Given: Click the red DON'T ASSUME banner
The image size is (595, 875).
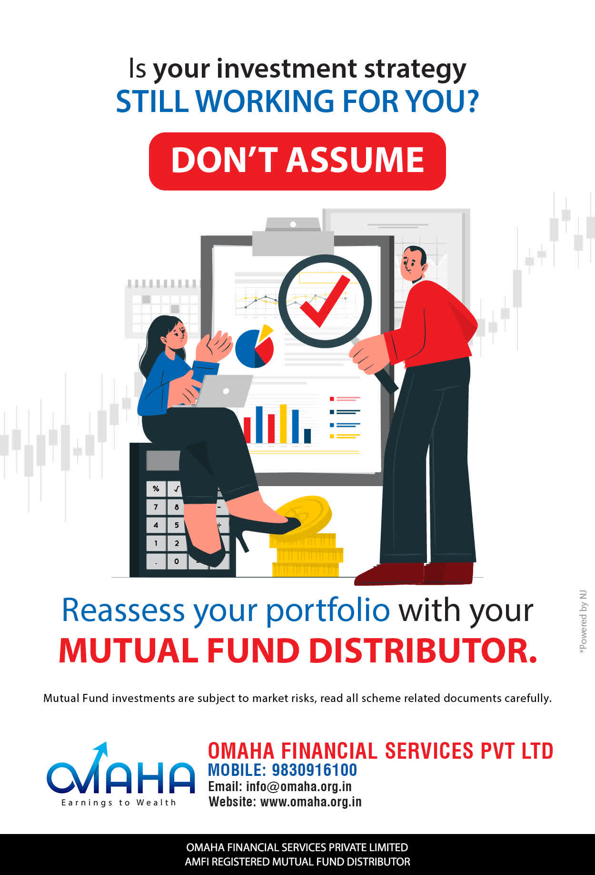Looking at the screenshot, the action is pos(297,161).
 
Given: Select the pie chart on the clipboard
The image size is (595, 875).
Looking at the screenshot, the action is pos(255,347).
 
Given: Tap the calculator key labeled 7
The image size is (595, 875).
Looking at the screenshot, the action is pos(156,507).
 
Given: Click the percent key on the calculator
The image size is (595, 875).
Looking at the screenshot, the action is pos(156,488).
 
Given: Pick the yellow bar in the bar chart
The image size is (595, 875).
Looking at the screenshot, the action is pos(283,424).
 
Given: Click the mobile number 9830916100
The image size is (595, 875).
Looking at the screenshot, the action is pos(314,770).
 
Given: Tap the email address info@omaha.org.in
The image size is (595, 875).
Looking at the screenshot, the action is pos(299,786).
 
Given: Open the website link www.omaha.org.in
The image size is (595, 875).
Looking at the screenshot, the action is pos(311,802).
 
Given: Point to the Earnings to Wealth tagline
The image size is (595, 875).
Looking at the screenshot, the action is pos(119,803).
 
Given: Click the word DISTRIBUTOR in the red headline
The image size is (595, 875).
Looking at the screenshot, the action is pos(423,651).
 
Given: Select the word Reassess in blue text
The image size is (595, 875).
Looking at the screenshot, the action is pos(123,610).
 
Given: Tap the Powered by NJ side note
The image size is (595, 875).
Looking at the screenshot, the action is pos(583,621).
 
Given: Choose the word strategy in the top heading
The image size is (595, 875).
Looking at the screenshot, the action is pos(415,70).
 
